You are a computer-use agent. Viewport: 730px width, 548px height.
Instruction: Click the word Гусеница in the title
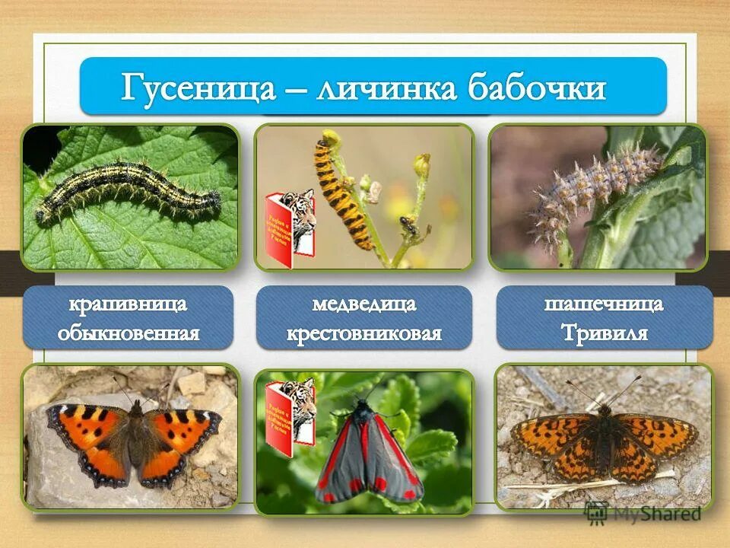tap(198, 89)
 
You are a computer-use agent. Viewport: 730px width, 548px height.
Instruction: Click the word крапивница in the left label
tap(129, 305)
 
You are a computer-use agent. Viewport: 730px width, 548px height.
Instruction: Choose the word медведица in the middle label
tap(364, 305)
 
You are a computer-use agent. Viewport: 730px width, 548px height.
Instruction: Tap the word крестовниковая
tap(364, 333)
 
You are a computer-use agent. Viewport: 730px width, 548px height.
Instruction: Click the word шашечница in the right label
tap(604, 304)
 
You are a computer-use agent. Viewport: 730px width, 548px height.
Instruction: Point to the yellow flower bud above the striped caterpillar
tap(329, 139)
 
